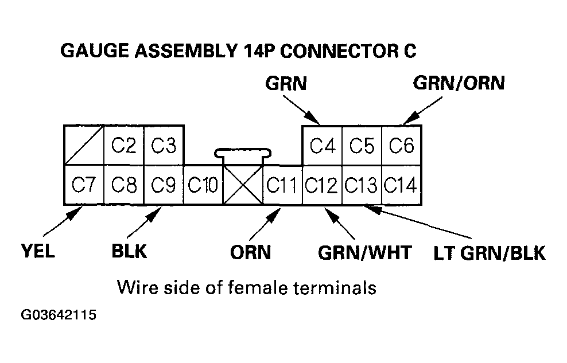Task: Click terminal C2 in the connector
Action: pyautogui.click(x=123, y=146)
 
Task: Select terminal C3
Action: pyautogui.click(x=164, y=146)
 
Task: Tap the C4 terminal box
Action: pyautogui.click(x=323, y=146)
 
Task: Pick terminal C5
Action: pyautogui.click(x=362, y=146)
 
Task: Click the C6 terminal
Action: pyautogui.click(x=402, y=146)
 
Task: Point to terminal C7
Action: pyautogui.click(x=84, y=185)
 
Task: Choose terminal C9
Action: pyautogui.click(x=164, y=185)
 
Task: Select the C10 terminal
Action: pyautogui.click(x=203, y=185)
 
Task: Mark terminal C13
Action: pyautogui.click(x=362, y=185)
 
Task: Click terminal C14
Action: pyautogui.click(x=402, y=185)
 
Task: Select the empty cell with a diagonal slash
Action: pyautogui.click(x=84, y=146)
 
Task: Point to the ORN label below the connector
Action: pyautogui.click(x=250, y=252)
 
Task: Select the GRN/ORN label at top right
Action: pyautogui.click(x=459, y=83)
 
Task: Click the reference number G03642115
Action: pyautogui.click(x=59, y=315)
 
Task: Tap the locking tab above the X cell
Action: pyautogui.click(x=243, y=153)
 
